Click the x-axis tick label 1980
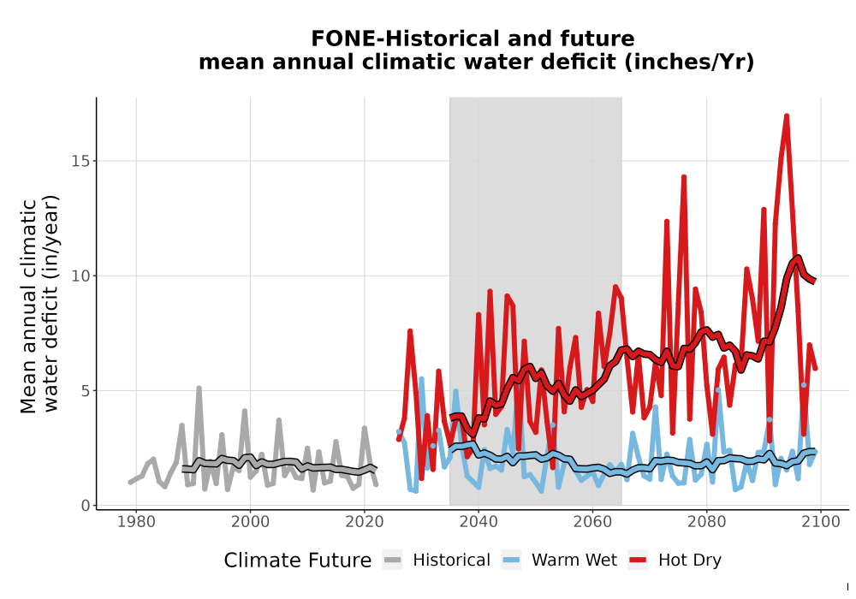pyautogui.click(x=136, y=522)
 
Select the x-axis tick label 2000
pyautogui.click(x=251, y=522)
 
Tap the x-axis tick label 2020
pyautogui.click(x=365, y=522)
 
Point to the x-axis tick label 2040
pyautogui.click(x=479, y=522)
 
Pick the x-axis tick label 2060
pyautogui.click(x=592, y=522)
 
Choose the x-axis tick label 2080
pyautogui.click(x=706, y=522)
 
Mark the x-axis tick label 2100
pyautogui.click(x=821, y=522)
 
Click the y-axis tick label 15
pyautogui.click(x=80, y=161)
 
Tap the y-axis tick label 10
pyautogui.click(x=80, y=276)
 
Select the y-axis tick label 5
pyautogui.click(x=86, y=390)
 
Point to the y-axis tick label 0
pyautogui.click(x=86, y=506)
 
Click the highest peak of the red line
pyautogui.click(x=787, y=116)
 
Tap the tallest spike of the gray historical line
pyautogui.click(x=199, y=388)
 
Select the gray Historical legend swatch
pyautogui.click(x=393, y=560)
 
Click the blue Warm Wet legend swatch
pyautogui.click(x=511, y=560)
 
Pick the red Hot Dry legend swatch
pyautogui.click(x=638, y=560)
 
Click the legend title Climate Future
pyautogui.click(x=298, y=560)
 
